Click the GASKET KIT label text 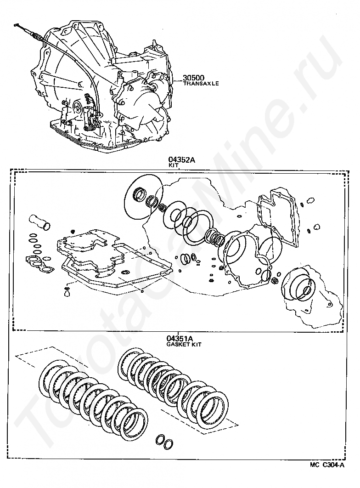(x=184, y=344)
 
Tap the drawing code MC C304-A (x=326, y=465)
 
